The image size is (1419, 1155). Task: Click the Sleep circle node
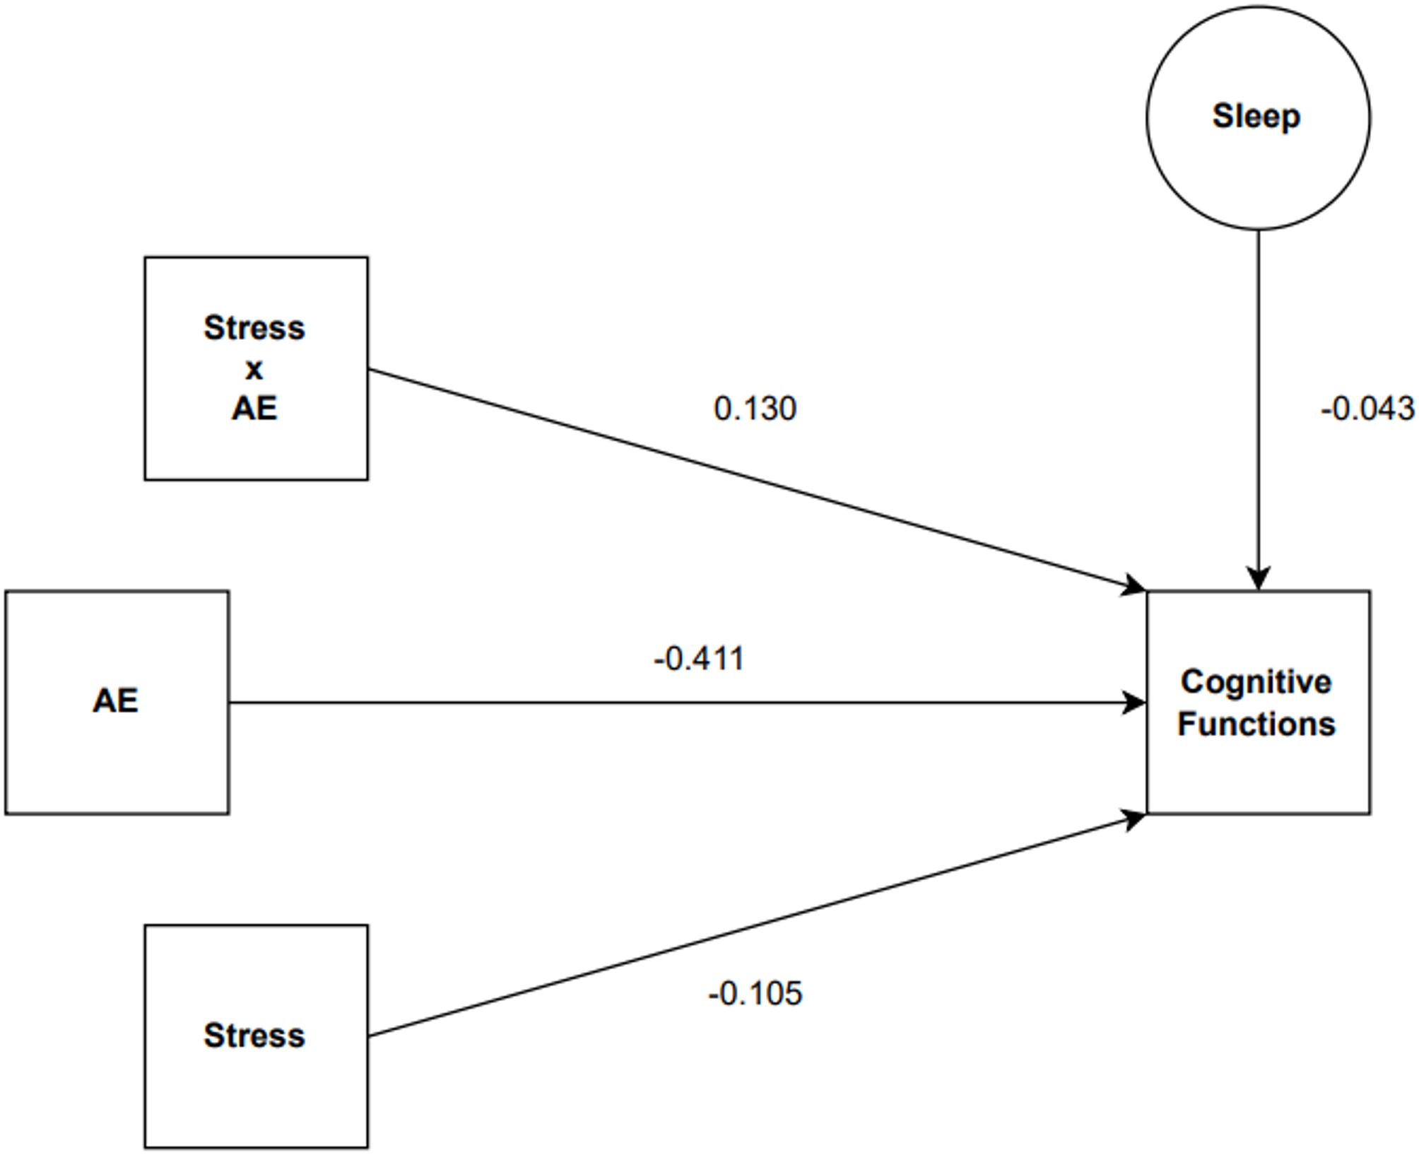click(x=1257, y=170)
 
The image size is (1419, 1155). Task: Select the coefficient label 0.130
click(x=755, y=409)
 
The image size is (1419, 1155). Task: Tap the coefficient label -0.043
click(x=1367, y=409)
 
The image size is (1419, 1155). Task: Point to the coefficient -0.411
click(x=699, y=658)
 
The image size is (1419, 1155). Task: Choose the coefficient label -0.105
click(x=755, y=993)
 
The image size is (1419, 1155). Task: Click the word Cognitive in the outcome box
click(x=1256, y=682)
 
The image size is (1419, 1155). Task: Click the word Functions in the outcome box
click(x=1256, y=724)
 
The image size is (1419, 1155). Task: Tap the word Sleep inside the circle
click(x=1256, y=116)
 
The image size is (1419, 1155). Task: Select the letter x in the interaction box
click(x=254, y=368)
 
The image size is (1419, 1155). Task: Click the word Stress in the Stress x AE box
click(x=254, y=327)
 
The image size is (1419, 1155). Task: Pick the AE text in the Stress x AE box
click(x=254, y=408)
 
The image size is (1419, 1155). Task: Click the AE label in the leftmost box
click(x=115, y=700)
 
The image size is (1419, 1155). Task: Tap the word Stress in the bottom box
click(x=254, y=1035)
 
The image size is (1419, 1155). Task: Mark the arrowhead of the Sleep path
click(x=1258, y=579)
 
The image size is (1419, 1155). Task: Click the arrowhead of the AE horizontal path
click(x=1135, y=703)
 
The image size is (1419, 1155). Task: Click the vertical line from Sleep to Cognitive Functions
click(x=1258, y=396)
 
